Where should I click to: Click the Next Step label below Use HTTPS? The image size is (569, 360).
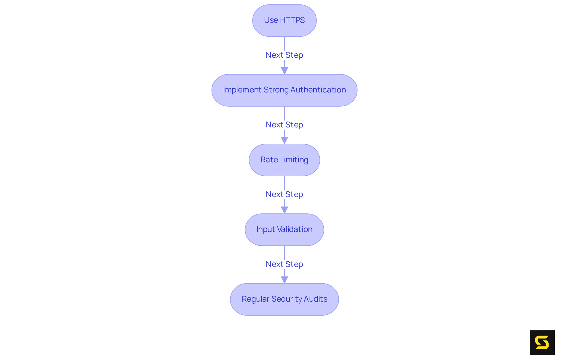pos(284,55)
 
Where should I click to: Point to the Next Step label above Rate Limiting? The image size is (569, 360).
pos(284,125)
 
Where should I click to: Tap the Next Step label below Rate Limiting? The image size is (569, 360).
pos(284,194)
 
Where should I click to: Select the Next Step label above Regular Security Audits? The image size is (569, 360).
pos(284,264)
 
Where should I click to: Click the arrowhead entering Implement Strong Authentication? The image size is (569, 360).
pos(284,71)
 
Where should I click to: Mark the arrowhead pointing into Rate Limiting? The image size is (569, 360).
pos(284,140)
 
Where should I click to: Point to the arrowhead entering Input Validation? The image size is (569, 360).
pos(284,210)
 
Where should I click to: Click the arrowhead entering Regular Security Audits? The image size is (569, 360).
pos(284,279)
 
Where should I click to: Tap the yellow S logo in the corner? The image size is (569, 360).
pos(542,343)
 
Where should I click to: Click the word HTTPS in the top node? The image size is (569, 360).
pos(292,20)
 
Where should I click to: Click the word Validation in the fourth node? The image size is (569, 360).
pos(295,229)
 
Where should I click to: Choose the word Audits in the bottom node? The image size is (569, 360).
pos(317,299)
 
